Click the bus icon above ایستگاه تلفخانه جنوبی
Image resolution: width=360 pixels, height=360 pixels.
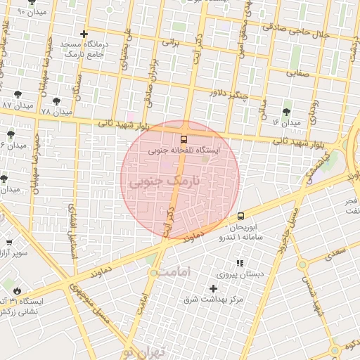(x=184, y=139)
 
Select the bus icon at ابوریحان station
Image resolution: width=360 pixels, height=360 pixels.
(x=241, y=216)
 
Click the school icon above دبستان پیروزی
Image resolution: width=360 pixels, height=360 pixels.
(x=240, y=263)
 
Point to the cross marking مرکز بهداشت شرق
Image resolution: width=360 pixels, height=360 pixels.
(x=214, y=288)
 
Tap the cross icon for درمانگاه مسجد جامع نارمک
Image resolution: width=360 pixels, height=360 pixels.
(x=84, y=33)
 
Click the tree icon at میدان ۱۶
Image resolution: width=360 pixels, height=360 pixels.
(x=286, y=112)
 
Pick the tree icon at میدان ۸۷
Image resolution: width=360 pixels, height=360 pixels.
(x=18, y=94)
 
